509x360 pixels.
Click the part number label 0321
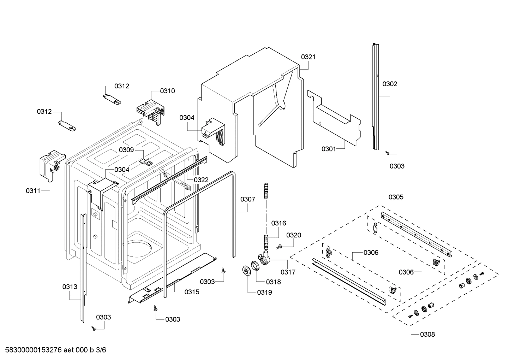(x=308, y=57)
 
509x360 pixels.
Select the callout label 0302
(x=390, y=84)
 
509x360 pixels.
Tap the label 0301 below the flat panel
(x=329, y=149)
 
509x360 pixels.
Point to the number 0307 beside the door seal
(x=248, y=199)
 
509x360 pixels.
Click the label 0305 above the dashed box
(x=396, y=197)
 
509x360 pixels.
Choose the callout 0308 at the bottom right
(x=427, y=334)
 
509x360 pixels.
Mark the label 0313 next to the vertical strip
(x=70, y=287)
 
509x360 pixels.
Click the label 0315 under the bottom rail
(x=192, y=292)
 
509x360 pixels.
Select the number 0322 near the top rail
(x=201, y=180)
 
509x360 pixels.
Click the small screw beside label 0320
(x=279, y=247)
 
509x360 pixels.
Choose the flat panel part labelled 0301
(x=335, y=120)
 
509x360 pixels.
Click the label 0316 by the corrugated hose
(x=279, y=223)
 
